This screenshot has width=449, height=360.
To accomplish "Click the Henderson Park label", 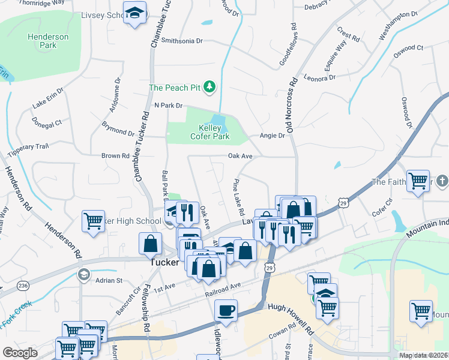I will pyautogui.click(x=49, y=41).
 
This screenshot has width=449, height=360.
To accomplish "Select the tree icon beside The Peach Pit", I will pyautogui.click(x=209, y=88).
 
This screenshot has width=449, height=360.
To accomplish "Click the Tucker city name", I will pyautogui.click(x=164, y=262).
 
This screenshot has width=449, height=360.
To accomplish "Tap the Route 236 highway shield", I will pyautogui.click(x=23, y=285).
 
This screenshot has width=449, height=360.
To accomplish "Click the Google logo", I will pyautogui.click(x=20, y=352).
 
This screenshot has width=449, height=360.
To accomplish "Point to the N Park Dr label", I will pyautogui.click(x=168, y=105).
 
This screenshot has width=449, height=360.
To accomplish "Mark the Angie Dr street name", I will pyautogui.click(x=272, y=136).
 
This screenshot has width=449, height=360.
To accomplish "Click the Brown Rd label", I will pyautogui.click(x=115, y=156).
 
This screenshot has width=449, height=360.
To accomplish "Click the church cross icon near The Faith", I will pyautogui.click(x=442, y=181).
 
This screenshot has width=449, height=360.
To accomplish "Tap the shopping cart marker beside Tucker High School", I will pyautogui.click(x=94, y=221).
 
